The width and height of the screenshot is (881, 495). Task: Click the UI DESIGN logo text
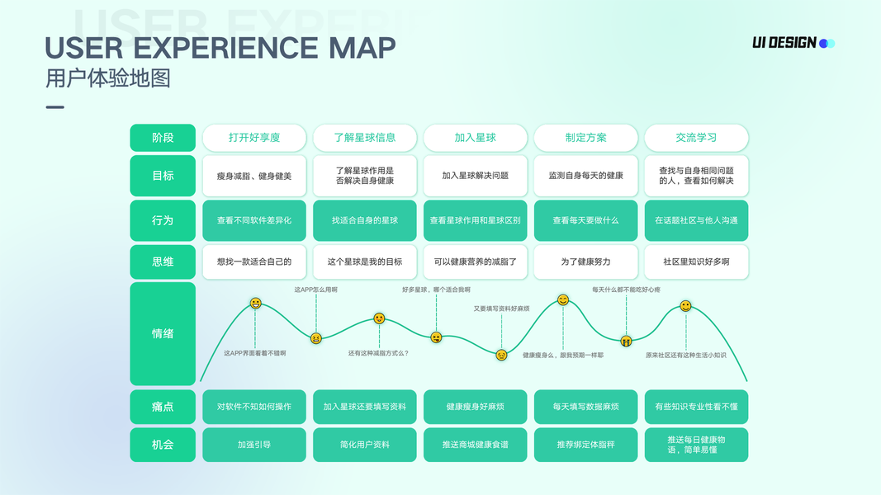point(784,43)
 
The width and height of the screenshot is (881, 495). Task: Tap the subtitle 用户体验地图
point(108,78)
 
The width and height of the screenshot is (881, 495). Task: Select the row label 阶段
point(163,138)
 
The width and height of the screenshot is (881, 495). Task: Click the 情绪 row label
point(163,333)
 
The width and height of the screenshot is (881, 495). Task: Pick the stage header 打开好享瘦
point(254,138)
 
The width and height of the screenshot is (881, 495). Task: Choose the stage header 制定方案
point(586,138)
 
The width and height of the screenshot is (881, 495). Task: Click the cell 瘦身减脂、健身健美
point(254,176)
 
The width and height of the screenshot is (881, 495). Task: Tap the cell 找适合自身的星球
point(365,220)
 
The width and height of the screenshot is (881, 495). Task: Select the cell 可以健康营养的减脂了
point(476,262)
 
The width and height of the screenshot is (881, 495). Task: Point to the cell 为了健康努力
point(586,262)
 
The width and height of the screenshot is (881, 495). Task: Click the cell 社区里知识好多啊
point(696,262)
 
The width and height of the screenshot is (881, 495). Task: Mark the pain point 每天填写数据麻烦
point(586,407)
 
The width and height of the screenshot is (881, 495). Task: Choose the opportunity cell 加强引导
point(254,444)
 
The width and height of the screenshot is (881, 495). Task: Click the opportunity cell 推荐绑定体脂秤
point(586,444)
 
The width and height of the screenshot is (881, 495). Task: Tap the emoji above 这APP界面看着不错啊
point(256,304)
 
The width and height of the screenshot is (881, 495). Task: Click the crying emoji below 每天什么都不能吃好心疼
point(627,340)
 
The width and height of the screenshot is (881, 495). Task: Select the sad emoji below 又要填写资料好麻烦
point(501,355)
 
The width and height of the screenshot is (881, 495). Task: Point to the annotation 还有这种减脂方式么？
point(378,353)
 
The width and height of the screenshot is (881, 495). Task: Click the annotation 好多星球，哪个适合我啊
point(436,290)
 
